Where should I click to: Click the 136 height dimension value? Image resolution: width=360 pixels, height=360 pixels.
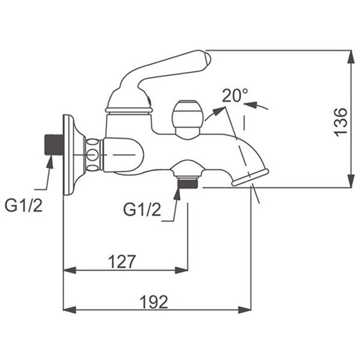click(x=340, y=122)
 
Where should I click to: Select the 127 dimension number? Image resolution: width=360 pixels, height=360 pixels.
click(x=122, y=262)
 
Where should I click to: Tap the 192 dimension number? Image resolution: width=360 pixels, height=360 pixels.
click(x=154, y=302)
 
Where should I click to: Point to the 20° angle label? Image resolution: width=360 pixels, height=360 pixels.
click(x=235, y=95)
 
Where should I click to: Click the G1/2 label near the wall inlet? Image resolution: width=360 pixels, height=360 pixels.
click(x=23, y=205)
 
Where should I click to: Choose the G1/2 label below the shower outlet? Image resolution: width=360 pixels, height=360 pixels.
click(x=142, y=209)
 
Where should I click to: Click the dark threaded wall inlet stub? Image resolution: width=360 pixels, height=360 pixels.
click(x=53, y=145)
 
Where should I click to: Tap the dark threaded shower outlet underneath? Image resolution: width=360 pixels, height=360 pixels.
click(x=188, y=184)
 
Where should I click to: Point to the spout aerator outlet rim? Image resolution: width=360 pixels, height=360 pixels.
click(x=250, y=177)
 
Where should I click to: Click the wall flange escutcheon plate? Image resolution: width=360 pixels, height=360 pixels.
click(x=71, y=155)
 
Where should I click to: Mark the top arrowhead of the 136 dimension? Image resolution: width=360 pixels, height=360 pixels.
click(x=351, y=56)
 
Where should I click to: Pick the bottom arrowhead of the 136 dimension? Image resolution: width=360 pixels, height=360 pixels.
click(x=351, y=181)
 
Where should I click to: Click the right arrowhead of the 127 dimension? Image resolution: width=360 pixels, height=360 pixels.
click(x=181, y=270)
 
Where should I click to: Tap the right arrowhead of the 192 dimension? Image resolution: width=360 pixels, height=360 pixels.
click(x=245, y=310)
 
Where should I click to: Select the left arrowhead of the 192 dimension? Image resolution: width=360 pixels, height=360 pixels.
click(x=70, y=310)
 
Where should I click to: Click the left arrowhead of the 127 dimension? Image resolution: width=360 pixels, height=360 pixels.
click(x=70, y=270)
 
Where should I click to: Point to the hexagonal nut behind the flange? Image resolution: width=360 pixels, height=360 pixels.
click(x=94, y=155)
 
